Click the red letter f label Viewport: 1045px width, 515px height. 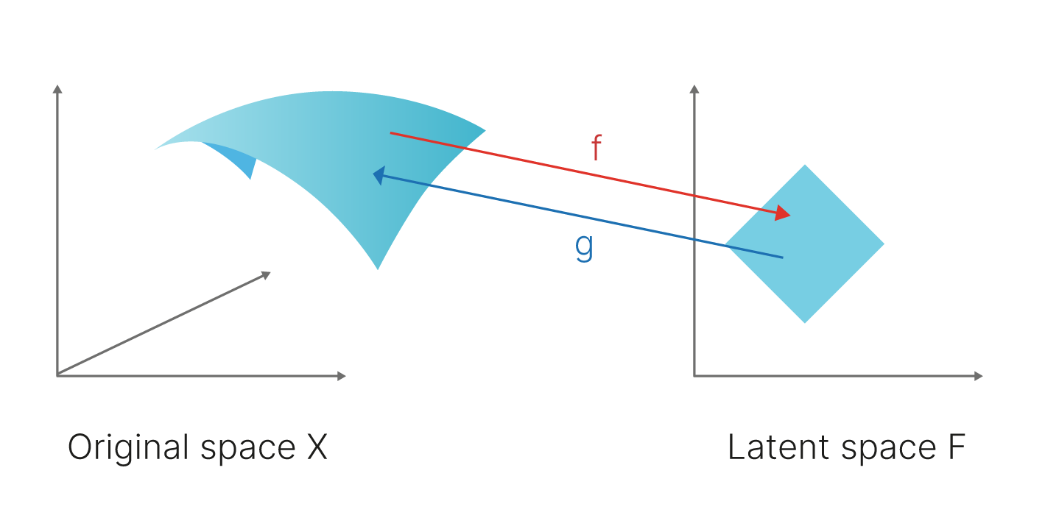(597, 149)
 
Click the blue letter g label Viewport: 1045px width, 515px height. (583, 248)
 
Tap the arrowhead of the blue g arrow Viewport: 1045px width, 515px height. (379, 175)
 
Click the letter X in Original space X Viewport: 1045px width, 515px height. (316, 448)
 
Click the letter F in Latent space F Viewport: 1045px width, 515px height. (956, 448)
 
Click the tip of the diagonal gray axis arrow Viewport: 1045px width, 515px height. (268, 274)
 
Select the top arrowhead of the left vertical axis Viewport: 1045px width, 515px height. (57, 88)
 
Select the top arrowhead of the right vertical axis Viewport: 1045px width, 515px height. (694, 88)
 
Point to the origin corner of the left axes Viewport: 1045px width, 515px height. (57, 376)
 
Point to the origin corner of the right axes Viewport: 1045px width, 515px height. (694, 376)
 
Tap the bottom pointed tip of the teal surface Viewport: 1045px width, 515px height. (378, 268)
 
